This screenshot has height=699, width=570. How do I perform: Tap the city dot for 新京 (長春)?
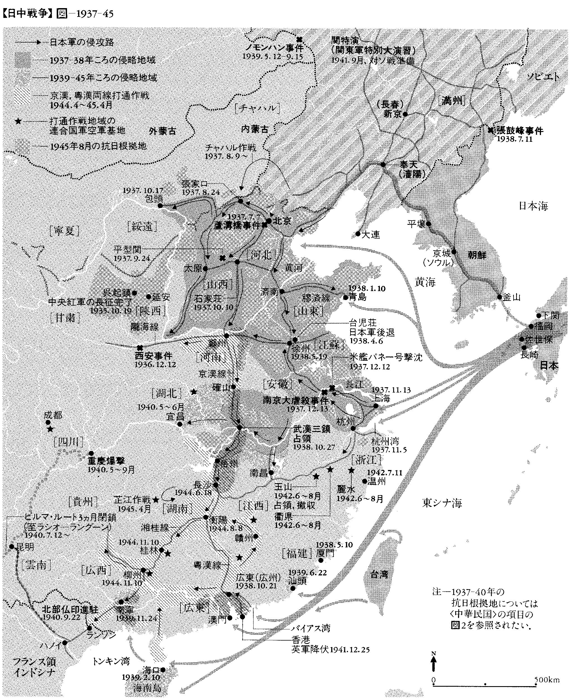[405, 114]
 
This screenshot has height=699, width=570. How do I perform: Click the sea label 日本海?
[533, 206]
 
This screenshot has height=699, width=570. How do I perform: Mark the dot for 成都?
[48, 422]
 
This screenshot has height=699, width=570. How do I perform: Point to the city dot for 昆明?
[11, 547]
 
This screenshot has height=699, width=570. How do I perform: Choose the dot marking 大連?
[358, 234]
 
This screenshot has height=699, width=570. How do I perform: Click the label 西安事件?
[154, 356]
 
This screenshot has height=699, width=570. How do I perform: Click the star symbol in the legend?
[19, 121]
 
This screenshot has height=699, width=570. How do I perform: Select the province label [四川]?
[68, 442]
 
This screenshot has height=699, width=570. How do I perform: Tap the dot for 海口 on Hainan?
[163, 667]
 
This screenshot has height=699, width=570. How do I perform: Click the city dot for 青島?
[345, 297]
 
